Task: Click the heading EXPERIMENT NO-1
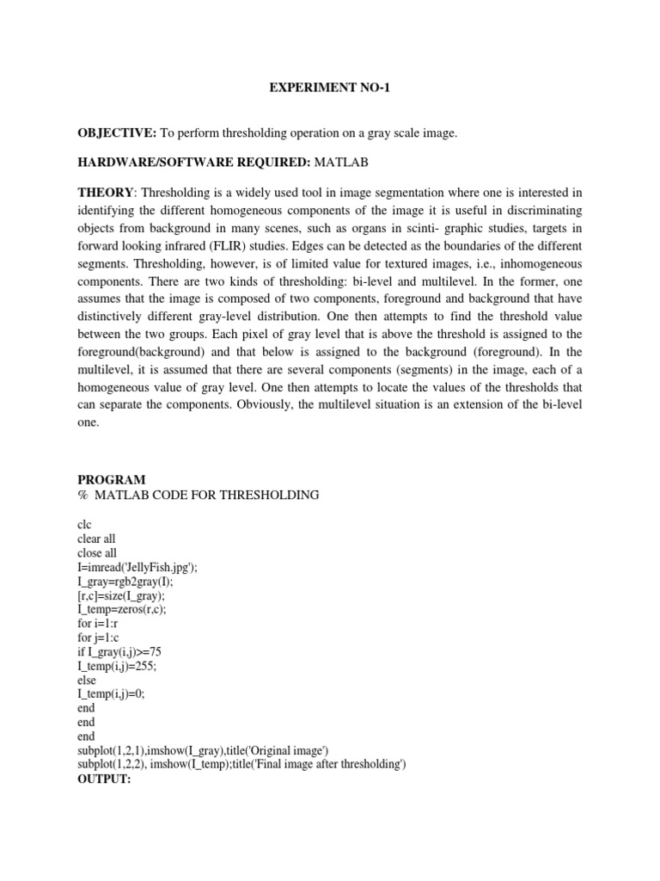(x=329, y=89)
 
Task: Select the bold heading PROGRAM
(x=111, y=479)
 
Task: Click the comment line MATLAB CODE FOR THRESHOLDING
(x=206, y=495)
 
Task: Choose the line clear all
(x=96, y=539)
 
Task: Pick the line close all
(x=96, y=553)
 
